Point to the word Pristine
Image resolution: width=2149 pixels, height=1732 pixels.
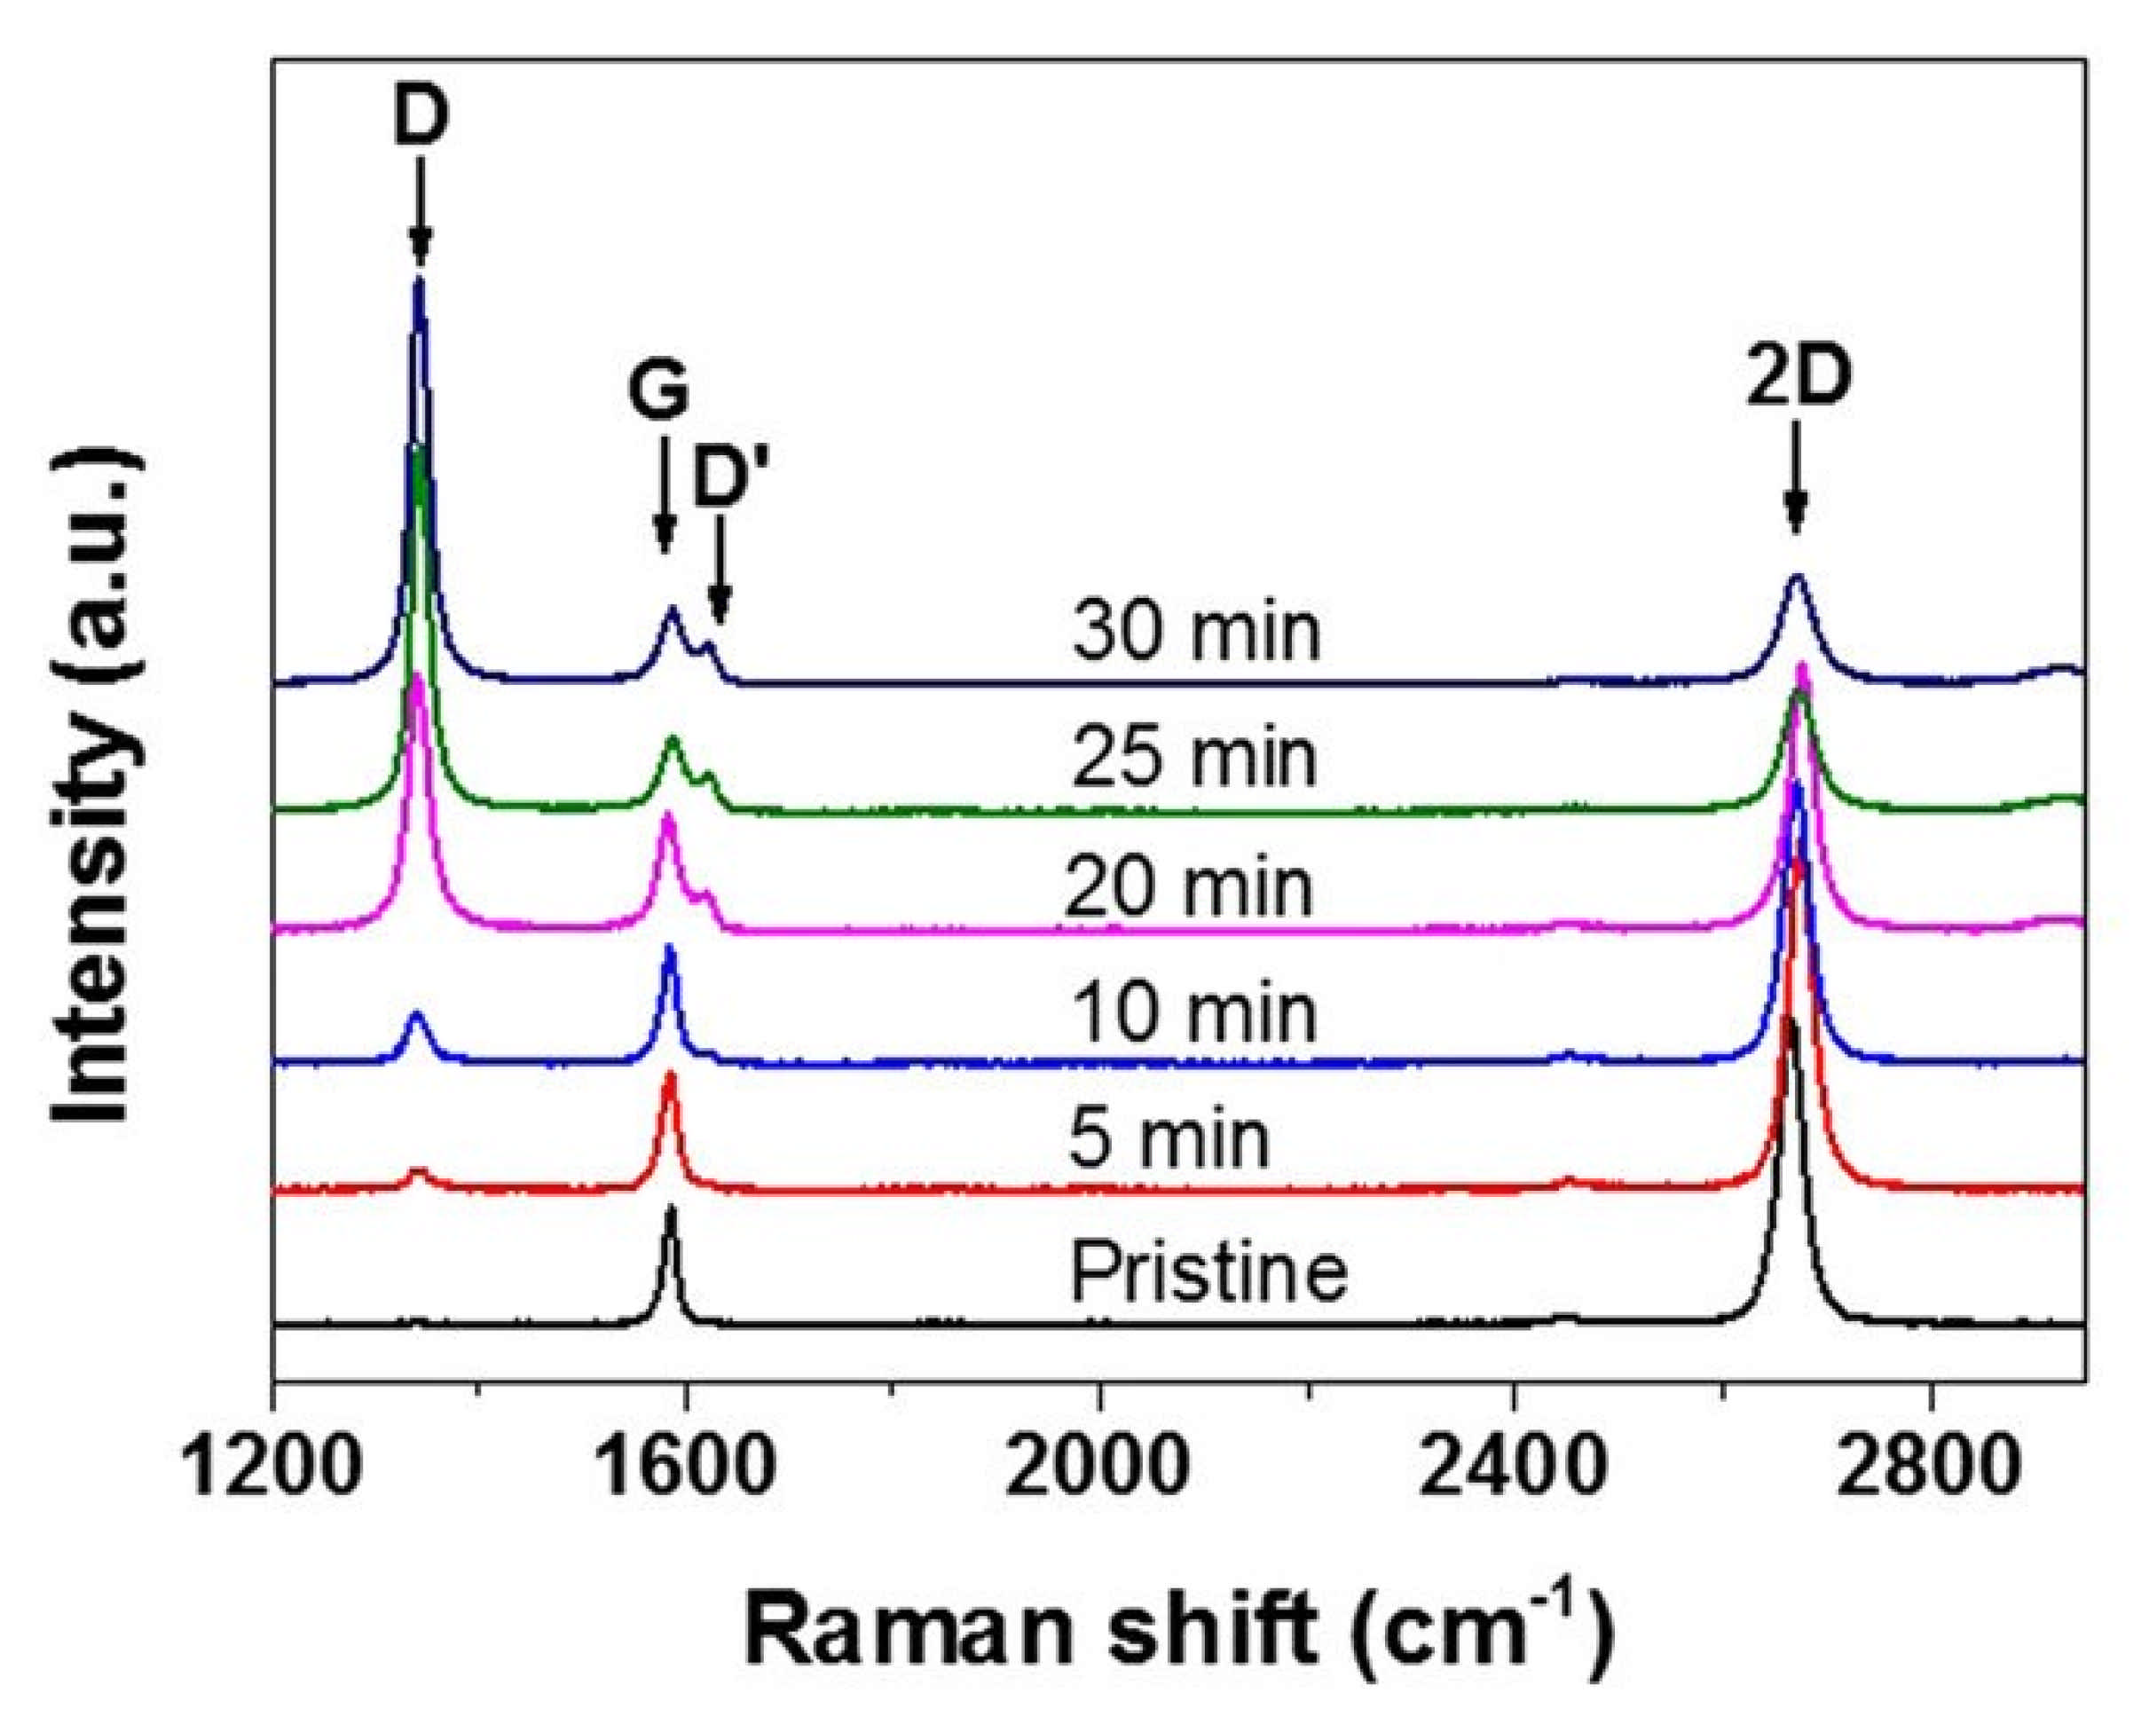click(1208, 1271)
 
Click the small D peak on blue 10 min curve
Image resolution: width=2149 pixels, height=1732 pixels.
click(417, 1018)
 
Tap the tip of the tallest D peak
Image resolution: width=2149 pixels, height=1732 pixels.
click(419, 281)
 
